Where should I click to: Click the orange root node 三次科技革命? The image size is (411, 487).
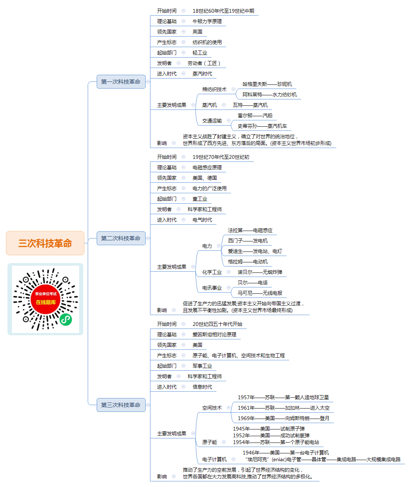(45, 243)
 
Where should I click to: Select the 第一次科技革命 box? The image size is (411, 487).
(121, 81)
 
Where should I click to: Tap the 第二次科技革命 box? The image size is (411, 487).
(121, 238)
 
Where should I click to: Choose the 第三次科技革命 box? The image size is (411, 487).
(121, 405)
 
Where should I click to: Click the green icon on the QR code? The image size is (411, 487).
(66, 319)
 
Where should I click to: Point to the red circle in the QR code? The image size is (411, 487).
(46, 299)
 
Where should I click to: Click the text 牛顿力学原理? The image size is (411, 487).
(207, 21)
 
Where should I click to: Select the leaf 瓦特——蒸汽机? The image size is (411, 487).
(250, 105)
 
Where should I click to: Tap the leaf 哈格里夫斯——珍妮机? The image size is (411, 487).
(267, 84)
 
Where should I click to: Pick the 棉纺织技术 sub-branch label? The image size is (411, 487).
(214, 89)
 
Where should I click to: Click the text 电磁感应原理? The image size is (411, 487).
(207, 167)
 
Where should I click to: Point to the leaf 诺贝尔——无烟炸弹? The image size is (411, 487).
(260, 272)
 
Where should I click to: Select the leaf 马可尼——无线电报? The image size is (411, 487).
(260, 293)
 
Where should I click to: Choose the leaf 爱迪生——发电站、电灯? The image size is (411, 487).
(255, 251)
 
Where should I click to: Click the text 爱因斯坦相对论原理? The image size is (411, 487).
(214, 335)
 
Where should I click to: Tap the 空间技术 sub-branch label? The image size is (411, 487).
(212, 408)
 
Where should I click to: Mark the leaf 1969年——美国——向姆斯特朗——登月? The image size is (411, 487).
(284, 418)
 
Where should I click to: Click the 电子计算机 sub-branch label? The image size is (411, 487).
(214, 459)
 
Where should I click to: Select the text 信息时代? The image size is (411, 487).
(202, 387)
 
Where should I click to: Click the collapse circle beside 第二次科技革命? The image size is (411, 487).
(148, 238)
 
